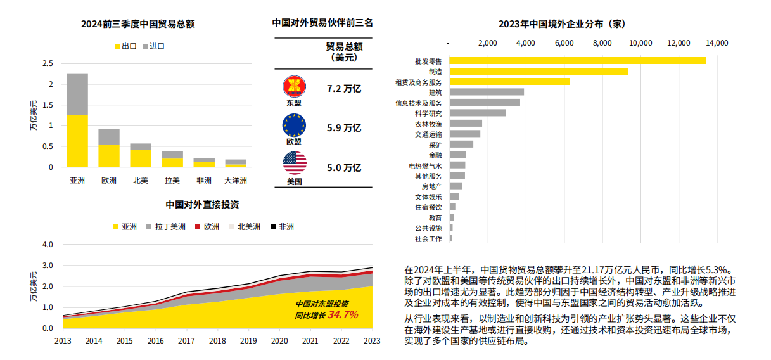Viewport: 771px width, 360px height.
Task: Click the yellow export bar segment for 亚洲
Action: [77, 141]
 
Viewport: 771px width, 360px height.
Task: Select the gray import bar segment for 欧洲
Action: [109, 136]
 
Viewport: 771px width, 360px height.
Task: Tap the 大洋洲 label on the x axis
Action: [236, 181]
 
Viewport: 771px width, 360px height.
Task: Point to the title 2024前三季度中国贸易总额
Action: [137, 24]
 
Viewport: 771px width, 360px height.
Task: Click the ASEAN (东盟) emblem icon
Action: [294, 87]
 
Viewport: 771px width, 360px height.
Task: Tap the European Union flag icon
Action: [294, 125]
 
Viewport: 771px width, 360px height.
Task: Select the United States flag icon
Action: [295, 164]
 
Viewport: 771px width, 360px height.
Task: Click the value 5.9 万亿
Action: [343, 127]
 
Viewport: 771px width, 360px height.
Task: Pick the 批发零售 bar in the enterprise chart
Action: [577, 61]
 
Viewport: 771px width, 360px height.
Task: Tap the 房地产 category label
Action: [432, 186]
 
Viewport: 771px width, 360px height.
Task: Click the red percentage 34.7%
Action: [343, 314]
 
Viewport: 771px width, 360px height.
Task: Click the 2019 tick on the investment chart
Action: [248, 341]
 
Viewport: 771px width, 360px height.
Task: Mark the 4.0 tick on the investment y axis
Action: [48, 244]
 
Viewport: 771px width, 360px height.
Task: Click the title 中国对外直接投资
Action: [202, 205]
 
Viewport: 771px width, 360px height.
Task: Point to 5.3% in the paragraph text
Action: [719, 269]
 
